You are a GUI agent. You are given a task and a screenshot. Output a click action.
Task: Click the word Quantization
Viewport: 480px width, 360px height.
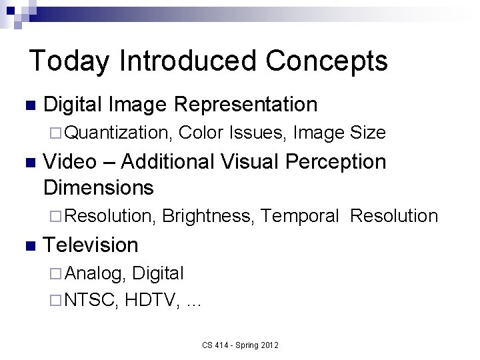tap(119, 133)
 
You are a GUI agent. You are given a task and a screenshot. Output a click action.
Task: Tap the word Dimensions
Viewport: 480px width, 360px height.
tap(99, 187)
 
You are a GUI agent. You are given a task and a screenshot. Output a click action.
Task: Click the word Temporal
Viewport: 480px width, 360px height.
tap(301, 216)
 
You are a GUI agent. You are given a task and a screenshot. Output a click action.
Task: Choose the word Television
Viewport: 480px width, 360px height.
tap(91, 245)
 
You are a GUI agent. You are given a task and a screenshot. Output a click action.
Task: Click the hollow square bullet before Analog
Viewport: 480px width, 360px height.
tap(56, 273)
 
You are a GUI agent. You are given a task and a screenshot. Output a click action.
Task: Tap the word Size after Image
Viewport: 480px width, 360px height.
tap(368, 133)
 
